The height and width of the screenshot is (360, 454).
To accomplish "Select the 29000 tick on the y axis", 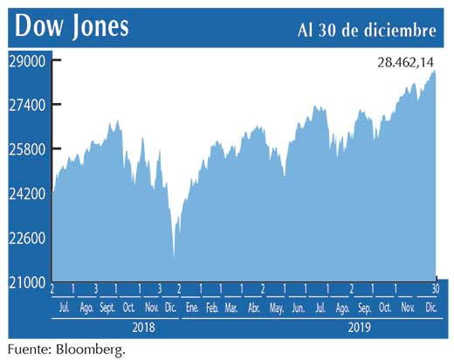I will pyautogui.click(x=26, y=61).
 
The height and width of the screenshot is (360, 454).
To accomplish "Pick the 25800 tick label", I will pyautogui.click(x=26, y=149).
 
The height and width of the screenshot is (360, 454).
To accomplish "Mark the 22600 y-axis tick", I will pyautogui.click(x=26, y=239).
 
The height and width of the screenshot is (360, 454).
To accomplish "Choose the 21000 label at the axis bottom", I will pyautogui.click(x=26, y=282).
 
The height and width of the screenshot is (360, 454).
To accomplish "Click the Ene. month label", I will pyautogui.click(x=191, y=308).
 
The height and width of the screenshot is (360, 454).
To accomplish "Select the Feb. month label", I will pyautogui.click(x=212, y=308).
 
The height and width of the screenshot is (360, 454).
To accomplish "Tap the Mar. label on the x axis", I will pyautogui.click(x=231, y=308).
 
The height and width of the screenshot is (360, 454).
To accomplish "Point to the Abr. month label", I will pyautogui.click(x=254, y=308).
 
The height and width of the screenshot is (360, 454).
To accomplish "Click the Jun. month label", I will pyautogui.click(x=298, y=308).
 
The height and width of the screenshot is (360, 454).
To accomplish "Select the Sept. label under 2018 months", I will pyautogui.click(x=107, y=308).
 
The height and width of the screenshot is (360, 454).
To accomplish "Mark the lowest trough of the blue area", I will pyautogui.click(x=173, y=257).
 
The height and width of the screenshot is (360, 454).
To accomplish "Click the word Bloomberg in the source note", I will pyautogui.click(x=90, y=349).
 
